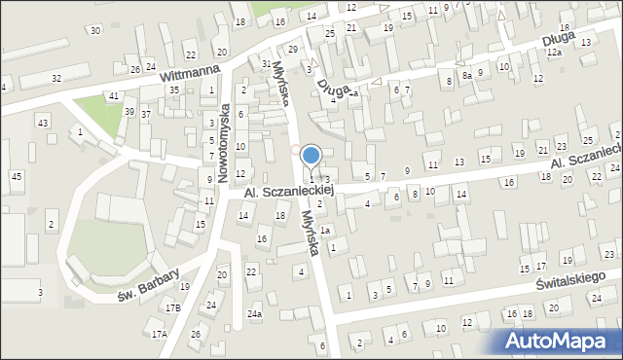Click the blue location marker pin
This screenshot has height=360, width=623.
(x=311, y=157)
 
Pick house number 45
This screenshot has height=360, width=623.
(x=16, y=176)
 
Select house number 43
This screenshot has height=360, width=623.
(x=42, y=122)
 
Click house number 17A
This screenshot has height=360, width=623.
(x=159, y=334)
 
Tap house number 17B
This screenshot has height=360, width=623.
(x=172, y=307)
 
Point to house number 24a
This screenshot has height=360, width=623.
(x=254, y=314)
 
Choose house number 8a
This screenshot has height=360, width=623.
(x=467, y=75)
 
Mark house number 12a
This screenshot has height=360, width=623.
(x=554, y=53)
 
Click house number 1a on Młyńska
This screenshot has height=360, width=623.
(x=327, y=231)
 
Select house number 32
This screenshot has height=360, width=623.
(x=56, y=77)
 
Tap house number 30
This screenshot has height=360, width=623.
(x=94, y=30)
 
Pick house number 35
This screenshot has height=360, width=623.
(x=174, y=90)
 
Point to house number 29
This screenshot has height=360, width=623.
(x=292, y=49)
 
